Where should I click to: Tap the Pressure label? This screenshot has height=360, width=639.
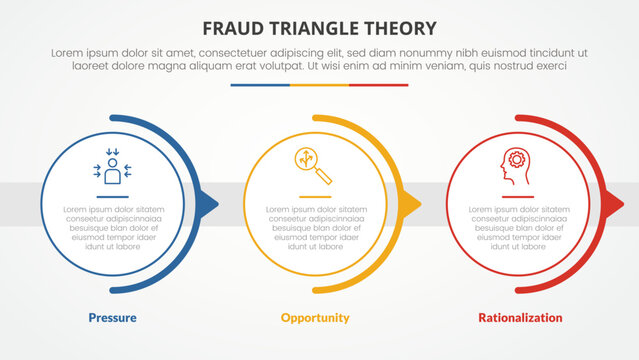[x=111, y=318]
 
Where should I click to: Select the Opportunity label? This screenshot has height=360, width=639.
[x=315, y=318]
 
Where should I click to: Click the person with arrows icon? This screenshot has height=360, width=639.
[x=113, y=167]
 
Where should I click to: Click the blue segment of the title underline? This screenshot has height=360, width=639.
[x=260, y=86]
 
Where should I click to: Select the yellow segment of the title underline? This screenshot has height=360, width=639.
[x=319, y=86]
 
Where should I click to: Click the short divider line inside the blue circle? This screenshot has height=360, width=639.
[x=113, y=195]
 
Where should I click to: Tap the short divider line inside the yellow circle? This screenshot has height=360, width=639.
[x=315, y=195]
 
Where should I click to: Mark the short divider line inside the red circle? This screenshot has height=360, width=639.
[x=517, y=195]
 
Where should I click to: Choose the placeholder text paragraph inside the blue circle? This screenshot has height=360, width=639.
[x=113, y=231]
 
